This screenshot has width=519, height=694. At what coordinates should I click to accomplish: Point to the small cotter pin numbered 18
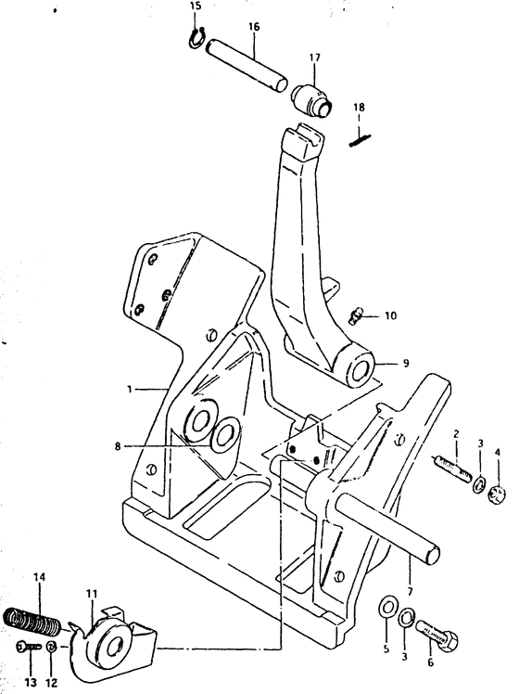click(x=360, y=140)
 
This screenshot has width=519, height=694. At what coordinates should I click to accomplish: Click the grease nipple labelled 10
click(x=356, y=316)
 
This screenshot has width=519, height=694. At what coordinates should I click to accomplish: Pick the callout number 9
click(x=406, y=364)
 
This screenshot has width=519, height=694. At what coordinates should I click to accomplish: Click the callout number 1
click(x=129, y=389)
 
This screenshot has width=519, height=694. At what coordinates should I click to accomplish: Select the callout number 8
click(x=117, y=446)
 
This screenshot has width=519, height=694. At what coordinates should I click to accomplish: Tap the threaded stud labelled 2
click(x=451, y=469)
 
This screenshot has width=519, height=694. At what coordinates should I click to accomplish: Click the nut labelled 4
click(x=497, y=495)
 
